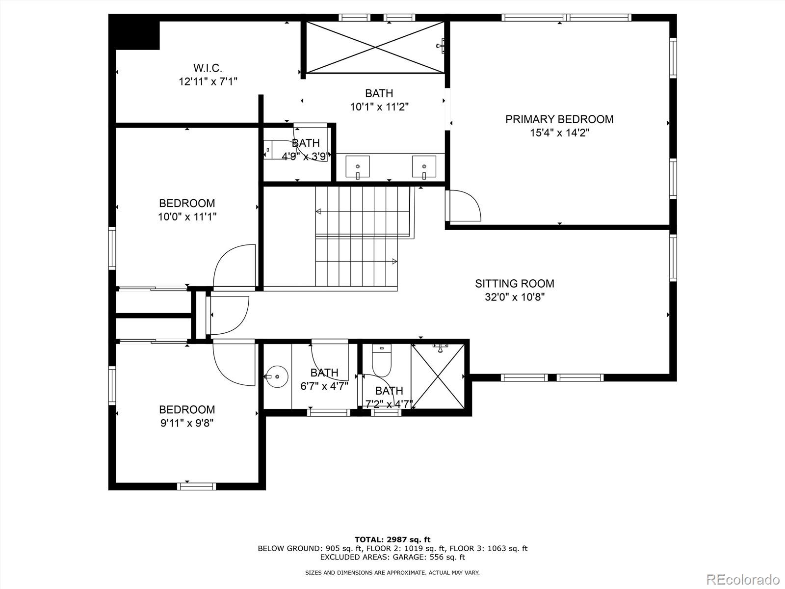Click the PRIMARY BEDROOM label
point(559,119)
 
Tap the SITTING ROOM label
point(514,284)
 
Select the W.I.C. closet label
point(208,68)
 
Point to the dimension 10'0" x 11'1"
point(187,216)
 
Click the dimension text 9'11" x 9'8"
point(187,423)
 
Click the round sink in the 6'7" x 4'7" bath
point(277,376)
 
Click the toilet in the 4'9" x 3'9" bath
point(269,149)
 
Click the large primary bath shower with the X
point(375,47)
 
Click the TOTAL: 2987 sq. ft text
point(392,539)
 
